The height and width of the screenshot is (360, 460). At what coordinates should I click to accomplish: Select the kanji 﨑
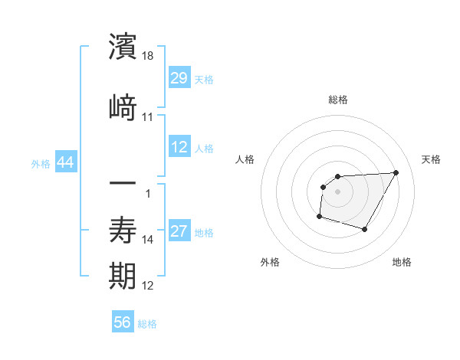(x=123, y=106)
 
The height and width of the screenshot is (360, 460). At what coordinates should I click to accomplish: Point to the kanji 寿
(x=123, y=229)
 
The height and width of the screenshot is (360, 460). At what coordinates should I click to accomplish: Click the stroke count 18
(x=148, y=57)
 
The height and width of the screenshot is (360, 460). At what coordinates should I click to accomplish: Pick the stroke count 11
(x=148, y=117)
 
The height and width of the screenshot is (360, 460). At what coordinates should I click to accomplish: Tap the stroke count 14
(x=148, y=240)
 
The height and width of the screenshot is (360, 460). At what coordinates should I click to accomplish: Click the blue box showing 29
(x=179, y=79)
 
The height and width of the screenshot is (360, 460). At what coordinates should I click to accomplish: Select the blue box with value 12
(x=179, y=148)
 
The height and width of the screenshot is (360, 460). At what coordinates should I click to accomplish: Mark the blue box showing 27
(x=179, y=232)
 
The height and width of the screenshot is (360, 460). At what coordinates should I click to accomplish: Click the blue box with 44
(x=65, y=163)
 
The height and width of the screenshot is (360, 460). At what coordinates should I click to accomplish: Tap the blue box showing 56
(x=123, y=323)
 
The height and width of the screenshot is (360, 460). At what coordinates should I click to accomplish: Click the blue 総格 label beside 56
(x=147, y=324)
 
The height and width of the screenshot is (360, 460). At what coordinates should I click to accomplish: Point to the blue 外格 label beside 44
(x=41, y=164)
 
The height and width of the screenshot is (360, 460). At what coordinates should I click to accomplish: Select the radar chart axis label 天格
(x=432, y=159)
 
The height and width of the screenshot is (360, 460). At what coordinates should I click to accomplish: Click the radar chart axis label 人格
(x=245, y=159)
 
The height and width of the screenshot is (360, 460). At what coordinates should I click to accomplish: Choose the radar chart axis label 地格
(x=402, y=262)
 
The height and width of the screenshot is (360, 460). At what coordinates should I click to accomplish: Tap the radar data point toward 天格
(x=396, y=172)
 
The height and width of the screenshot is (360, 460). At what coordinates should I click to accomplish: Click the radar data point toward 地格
(x=365, y=229)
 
